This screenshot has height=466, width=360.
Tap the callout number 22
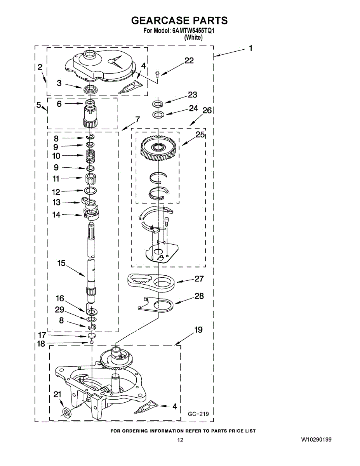coord(189,61)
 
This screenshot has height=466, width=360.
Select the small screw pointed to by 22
coord(158,73)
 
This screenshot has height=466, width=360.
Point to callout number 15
coord(61,263)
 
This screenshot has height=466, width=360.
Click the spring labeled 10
coord(90,156)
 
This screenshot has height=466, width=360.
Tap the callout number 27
coord(199,278)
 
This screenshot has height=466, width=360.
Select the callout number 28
coord(199,296)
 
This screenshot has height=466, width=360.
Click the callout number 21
coord(57,395)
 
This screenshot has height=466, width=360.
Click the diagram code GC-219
coord(198,414)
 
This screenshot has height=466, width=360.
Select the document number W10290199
coord(316,440)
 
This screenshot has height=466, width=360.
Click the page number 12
coord(180,440)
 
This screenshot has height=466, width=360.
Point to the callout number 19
coord(198,330)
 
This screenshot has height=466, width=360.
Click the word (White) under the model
coord(193,38)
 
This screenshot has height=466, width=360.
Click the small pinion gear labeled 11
coord(90,179)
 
